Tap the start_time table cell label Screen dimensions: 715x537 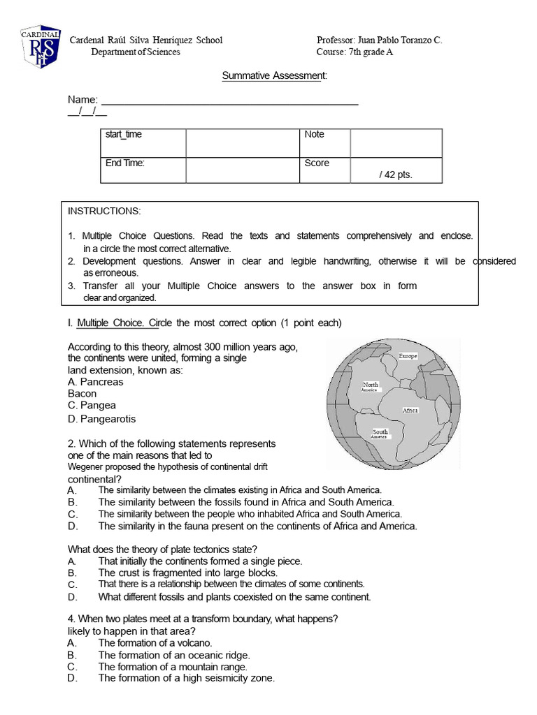click(x=123, y=134)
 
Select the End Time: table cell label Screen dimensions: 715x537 click(x=124, y=163)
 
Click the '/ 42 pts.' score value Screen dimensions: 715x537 click(x=396, y=175)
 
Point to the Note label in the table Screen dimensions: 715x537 click(x=315, y=134)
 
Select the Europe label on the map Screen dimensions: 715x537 click(x=408, y=356)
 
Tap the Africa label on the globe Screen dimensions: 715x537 click(x=410, y=411)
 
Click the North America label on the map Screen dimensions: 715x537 click(x=371, y=387)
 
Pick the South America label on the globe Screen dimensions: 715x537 click(x=380, y=433)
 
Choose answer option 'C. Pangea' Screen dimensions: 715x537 click(x=92, y=405)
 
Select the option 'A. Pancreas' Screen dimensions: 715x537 click(x=95, y=382)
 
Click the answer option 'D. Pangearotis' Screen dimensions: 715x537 click(x=101, y=419)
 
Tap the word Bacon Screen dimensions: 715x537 click(x=82, y=394)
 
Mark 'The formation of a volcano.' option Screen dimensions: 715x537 click(x=155, y=642)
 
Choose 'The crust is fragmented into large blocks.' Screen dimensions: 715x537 click(x=187, y=573)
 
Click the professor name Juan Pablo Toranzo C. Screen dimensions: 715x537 click(x=380, y=40)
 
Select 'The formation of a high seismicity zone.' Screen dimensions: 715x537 click(x=186, y=678)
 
